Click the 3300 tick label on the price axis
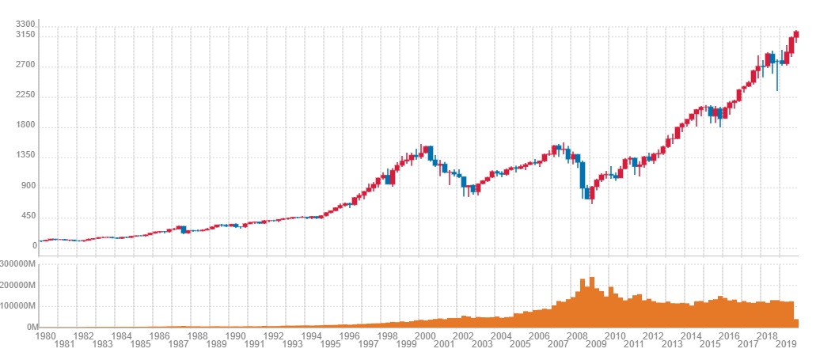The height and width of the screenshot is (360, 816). point(25,25)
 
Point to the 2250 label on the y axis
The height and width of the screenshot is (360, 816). point(25,97)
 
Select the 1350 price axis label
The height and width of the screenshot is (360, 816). point(25,156)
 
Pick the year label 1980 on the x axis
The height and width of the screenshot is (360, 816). point(45,335)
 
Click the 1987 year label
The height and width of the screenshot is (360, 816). point(178,344)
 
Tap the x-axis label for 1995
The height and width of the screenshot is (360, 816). point(329,344)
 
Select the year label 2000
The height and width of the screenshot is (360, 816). point(425,335)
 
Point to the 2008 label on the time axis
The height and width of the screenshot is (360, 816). point(577,335)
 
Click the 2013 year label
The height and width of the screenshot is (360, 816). point(671,344)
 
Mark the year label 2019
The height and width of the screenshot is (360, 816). point(786,344)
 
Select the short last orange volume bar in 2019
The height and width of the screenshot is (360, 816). point(795,323)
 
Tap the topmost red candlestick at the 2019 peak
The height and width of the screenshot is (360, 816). point(795,35)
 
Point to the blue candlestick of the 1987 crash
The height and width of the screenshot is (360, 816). point(184,229)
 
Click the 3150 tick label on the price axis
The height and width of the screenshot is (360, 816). point(25,36)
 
